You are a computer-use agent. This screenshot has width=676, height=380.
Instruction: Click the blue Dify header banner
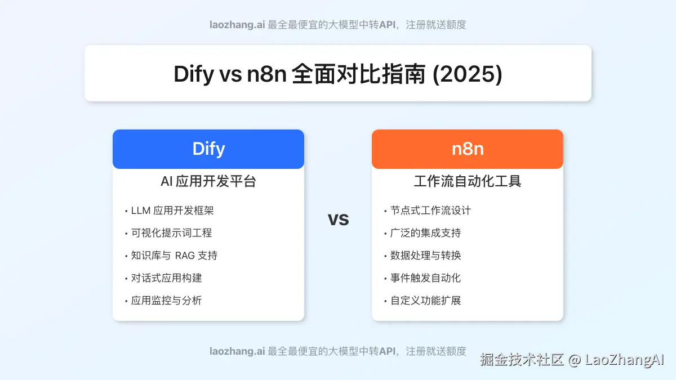(x=208, y=149)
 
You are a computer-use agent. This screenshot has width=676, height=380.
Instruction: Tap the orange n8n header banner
(x=468, y=149)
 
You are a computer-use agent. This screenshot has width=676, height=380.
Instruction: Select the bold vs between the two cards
(x=338, y=218)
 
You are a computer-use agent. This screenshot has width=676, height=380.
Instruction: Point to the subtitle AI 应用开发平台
(x=208, y=181)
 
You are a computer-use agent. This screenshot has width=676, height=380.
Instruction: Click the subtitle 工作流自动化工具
(x=468, y=181)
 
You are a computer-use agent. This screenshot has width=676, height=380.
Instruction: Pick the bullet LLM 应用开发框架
(x=172, y=211)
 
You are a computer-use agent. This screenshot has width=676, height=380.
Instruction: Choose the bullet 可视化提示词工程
(x=171, y=233)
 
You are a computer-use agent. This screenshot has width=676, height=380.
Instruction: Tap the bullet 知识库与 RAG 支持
(x=174, y=256)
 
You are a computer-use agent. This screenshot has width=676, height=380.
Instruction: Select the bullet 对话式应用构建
(x=166, y=278)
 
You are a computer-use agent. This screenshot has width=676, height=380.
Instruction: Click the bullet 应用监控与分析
(x=166, y=301)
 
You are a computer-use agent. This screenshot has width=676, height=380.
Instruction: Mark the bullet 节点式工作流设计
(x=430, y=211)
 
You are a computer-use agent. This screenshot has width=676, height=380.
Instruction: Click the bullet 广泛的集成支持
(x=425, y=233)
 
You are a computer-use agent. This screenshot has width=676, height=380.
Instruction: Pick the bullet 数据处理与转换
(x=425, y=256)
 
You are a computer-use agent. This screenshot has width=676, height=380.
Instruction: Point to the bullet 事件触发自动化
(x=425, y=278)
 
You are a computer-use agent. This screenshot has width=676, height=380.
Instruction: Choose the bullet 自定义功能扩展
(x=425, y=301)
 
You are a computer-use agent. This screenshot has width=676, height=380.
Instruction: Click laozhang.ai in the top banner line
(x=237, y=25)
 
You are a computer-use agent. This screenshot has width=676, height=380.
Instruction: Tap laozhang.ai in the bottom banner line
(x=237, y=351)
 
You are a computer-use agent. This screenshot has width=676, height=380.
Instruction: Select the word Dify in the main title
(x=194, y=74)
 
